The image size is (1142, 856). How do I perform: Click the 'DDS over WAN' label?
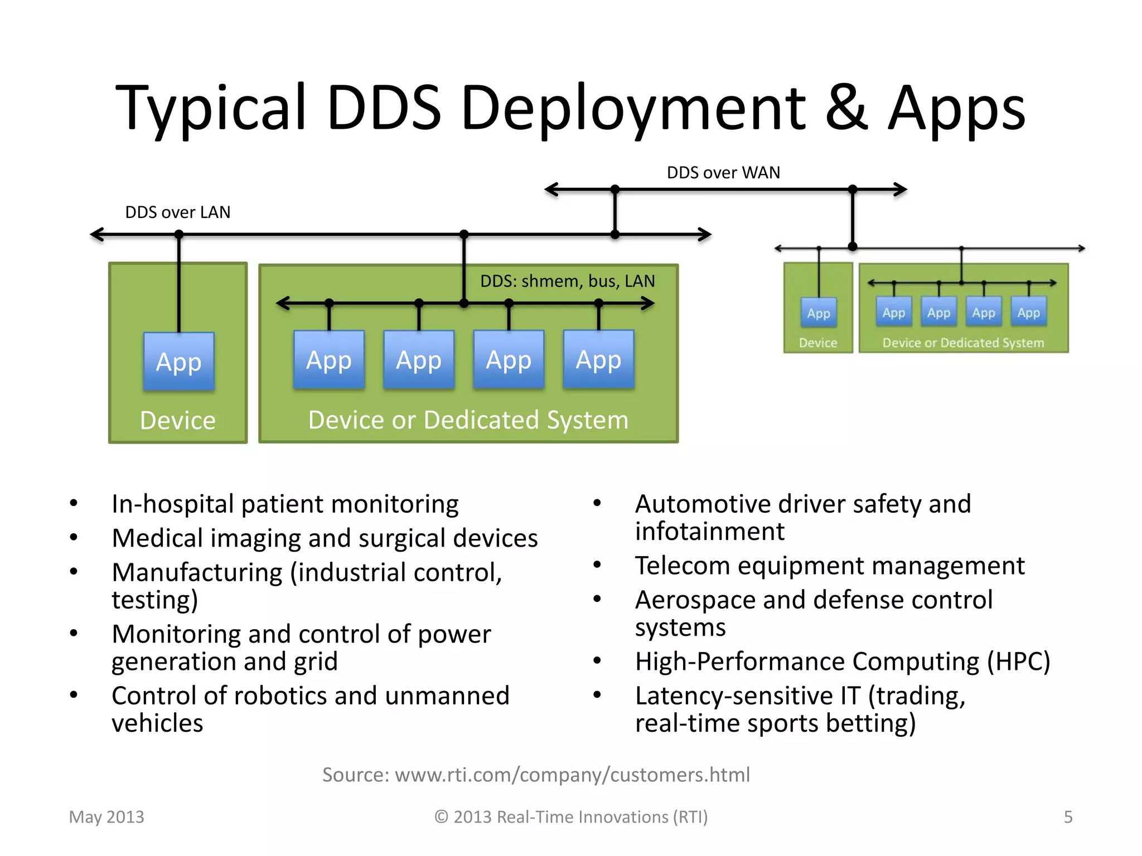723,173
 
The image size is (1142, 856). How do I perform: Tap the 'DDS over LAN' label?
177,212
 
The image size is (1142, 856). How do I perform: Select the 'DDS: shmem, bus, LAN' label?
567,281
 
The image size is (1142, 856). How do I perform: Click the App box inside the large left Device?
178,362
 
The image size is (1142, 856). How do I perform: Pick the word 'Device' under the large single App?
178,420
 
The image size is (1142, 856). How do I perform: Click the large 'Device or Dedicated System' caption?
468,420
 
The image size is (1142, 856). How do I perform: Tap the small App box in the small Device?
818,313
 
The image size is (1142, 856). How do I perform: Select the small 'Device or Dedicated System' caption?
963,343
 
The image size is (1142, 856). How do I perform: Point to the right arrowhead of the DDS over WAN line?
901,189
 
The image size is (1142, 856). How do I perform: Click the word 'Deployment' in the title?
633,109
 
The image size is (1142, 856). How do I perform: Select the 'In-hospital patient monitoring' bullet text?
284,504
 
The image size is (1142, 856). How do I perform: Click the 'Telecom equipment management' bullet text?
829,566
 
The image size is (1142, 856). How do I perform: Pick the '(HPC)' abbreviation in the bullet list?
1018,662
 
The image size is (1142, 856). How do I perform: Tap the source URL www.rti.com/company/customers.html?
572,775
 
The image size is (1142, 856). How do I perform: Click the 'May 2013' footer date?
107,817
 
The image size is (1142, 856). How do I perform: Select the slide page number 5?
1068,817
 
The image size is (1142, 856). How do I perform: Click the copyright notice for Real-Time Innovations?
571,817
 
